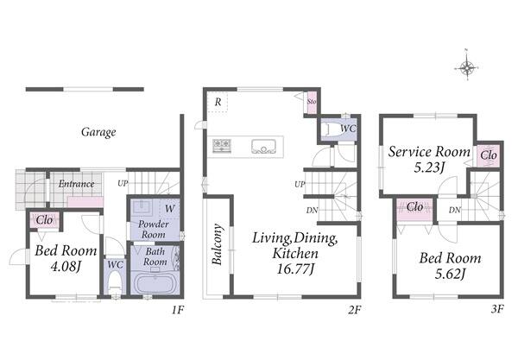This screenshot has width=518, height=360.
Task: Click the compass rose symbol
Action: tap(467, 67)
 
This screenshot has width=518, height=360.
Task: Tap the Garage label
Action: tap(98, 132)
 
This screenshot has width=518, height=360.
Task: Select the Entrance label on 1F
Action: tap(76, 184)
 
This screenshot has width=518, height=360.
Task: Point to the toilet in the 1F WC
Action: tap(115, 281)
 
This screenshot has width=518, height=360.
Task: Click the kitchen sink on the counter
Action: tap(263, 146)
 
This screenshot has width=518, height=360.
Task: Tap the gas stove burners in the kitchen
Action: tap(222, 145)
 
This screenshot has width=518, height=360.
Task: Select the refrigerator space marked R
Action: tap(218, 102)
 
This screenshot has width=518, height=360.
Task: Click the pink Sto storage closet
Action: tap(312, 102)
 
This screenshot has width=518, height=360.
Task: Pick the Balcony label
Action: tap(217, 244)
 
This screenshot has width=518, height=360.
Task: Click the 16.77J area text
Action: tap(294, 268)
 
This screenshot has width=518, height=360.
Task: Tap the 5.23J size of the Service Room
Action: tap(428, 167)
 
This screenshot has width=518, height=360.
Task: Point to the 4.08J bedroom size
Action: tap(66, 266)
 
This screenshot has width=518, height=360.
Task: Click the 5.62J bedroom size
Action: tap(450, 274)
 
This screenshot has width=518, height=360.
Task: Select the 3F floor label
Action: tap(497, 309)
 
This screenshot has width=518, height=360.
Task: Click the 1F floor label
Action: tap(177, 310)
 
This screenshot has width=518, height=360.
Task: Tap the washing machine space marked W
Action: tap(169, 209)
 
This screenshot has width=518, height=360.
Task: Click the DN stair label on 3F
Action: tap(455, 210)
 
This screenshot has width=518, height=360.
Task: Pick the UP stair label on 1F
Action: tap(123, 183)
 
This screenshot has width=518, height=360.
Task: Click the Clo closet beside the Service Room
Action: tap(489, 155)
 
